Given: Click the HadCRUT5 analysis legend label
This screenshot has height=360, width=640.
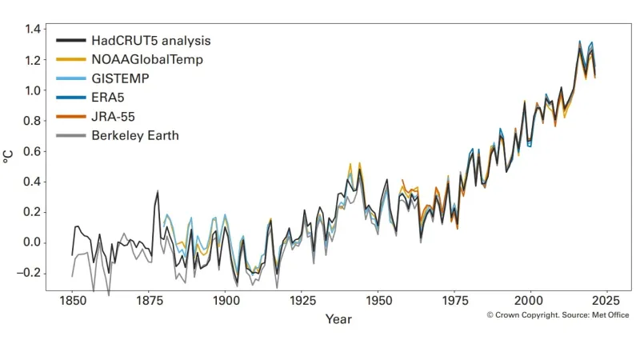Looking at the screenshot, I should click(x=150, y=40).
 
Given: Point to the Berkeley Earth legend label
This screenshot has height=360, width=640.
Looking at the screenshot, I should click(x=134, y=136).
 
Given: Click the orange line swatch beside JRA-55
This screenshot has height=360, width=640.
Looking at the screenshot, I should click(x=70, y=117).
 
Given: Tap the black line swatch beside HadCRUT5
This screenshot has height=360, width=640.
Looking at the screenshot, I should click(x=70, y=40).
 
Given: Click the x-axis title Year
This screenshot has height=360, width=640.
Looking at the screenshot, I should click(x=338, y=319).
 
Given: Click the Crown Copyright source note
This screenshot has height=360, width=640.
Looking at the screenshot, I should click(x=558, y=315).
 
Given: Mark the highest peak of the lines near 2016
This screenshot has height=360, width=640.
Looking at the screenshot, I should click(x=580, y=42).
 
